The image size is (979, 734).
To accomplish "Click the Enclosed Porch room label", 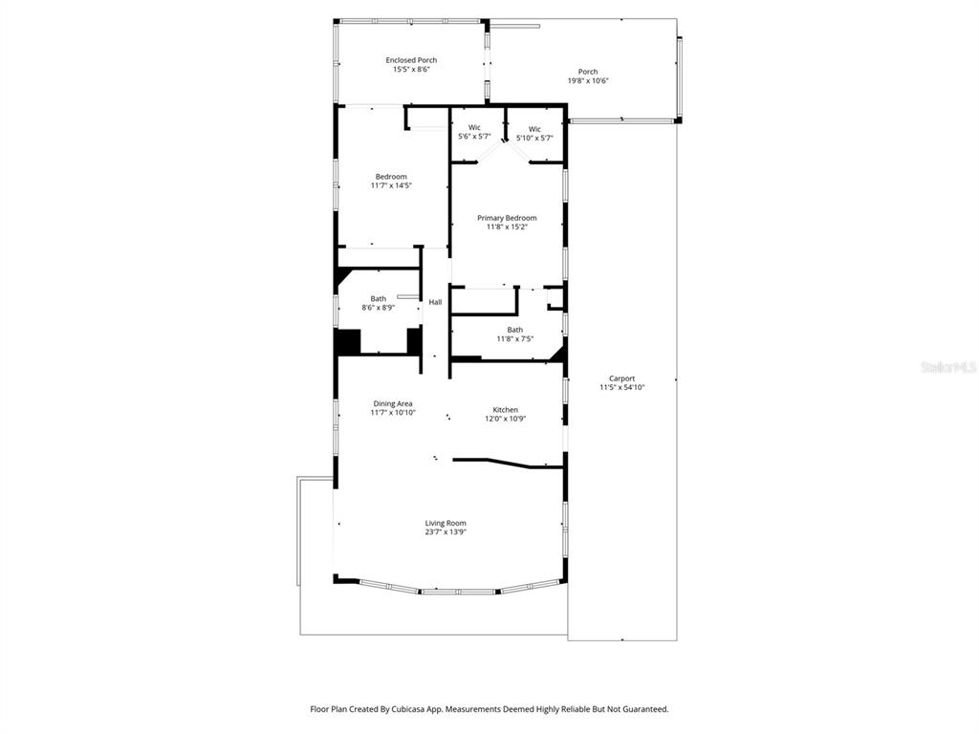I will [411, 60].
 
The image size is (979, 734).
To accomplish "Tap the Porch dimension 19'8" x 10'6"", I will [588, 81].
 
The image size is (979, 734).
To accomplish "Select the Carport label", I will [621, 378].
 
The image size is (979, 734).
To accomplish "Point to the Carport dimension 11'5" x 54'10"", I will [621, 387].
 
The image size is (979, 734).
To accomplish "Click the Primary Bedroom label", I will [507, 218].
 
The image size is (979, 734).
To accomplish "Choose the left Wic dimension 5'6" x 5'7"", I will [474, 137].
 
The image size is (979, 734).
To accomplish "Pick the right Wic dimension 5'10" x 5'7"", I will [534, 138].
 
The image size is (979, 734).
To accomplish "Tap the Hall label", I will [435, 302].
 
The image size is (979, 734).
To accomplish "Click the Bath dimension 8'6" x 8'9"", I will [379, 308].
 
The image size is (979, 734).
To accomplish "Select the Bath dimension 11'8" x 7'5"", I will [514, 338].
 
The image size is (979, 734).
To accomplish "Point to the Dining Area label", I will [392, 403].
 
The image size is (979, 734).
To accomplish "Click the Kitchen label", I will [505, 410].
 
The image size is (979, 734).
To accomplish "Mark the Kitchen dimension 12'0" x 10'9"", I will [505, 419].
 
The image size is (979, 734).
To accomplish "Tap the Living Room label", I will [446, 523].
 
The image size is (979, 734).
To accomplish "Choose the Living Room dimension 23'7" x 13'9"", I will [446, 531].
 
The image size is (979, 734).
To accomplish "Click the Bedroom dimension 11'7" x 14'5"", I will [391, 185].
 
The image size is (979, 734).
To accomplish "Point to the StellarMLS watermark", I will [947, 367].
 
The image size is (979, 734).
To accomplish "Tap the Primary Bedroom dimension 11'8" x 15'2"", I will [507, 227].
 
